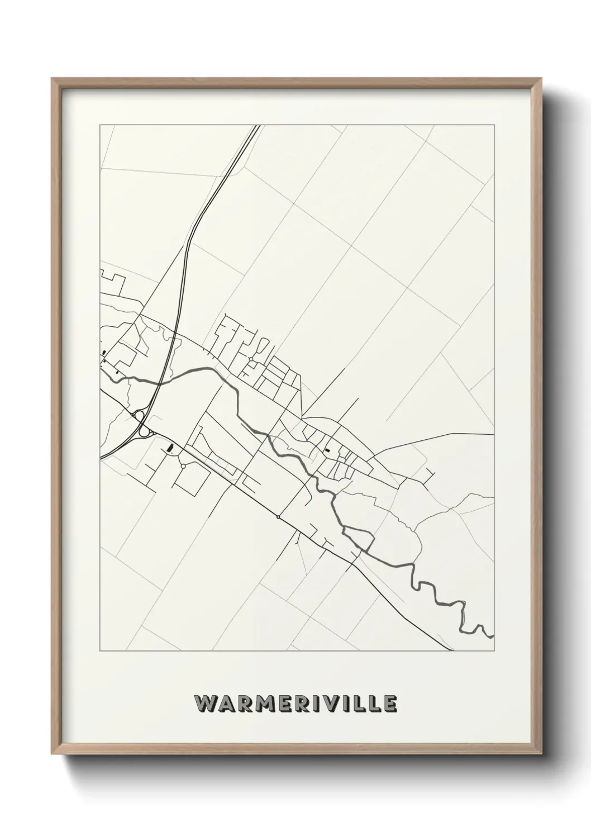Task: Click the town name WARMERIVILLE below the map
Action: (x=295, y=704)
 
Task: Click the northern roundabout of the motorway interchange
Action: (x=139, y=416)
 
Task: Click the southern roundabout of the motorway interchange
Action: (x=144, y=431)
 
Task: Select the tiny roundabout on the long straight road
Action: (x=278, y=517)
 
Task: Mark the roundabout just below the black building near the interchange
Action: (x=183, y=466)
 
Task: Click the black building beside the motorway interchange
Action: (x=171, y=448)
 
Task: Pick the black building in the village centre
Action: (x=327, y=449)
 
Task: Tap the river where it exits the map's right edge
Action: (x=492, y=635)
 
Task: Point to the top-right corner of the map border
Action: (x=493, y=125)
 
